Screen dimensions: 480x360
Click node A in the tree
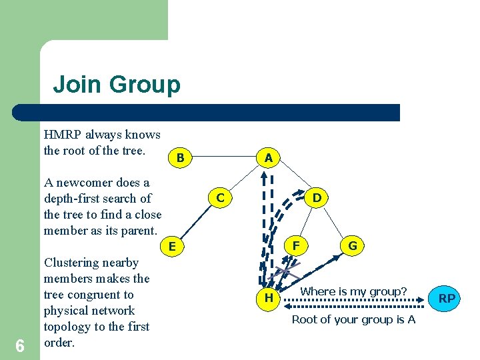pos(268,158)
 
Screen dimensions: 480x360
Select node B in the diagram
pos(179,158)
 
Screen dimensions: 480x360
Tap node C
pos(219,198)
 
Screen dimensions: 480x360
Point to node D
pos(317,198)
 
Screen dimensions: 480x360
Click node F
pos(295,245)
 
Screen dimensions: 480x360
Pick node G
pos(353,245)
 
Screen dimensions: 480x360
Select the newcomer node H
pos(268,298)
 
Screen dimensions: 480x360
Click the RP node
pos(447,298)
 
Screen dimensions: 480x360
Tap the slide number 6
pos(20,345)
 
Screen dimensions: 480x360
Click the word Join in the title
pos(77,85)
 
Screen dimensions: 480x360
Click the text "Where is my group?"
pos(353,291)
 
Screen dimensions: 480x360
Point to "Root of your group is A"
pos(353,319)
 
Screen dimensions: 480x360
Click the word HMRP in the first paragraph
pos(63,135)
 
